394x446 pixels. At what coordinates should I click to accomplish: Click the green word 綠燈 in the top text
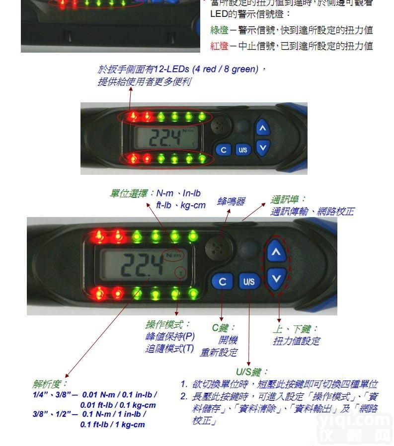coord(219,31)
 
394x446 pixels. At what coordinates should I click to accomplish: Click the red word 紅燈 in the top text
coord(219,46)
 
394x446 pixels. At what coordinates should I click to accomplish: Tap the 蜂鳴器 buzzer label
coord(231,201)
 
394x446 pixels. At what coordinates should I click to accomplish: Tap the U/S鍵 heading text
coord(252,372)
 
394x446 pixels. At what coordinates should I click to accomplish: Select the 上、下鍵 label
coord(296,329)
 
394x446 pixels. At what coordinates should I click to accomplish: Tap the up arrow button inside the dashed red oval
coord(276,252)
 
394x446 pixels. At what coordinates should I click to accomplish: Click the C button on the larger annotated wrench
coord(222,282)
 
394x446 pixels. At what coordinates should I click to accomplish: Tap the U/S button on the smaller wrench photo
coord(242,149)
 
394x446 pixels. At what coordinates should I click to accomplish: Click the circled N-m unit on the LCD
coord(175,255)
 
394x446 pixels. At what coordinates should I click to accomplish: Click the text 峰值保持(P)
coord(170,336)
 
